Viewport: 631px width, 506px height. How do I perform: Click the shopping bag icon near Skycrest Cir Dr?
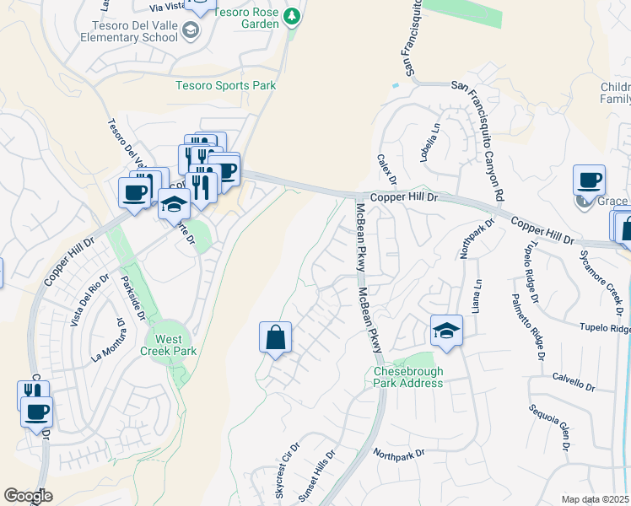pyautogui.click(x=275, y=338)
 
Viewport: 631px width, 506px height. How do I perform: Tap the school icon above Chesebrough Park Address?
pyautogui.click(x=446, y=331)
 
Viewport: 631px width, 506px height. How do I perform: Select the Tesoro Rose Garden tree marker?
pyautogui.click(x=292, y=15)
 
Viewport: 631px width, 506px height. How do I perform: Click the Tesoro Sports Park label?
pyautogui.click(x=225, y=85)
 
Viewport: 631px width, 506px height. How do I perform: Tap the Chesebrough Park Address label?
pyautogui.click(x=408, y=377)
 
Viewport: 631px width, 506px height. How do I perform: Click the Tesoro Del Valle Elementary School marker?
pyautogui.click(x=191, y=30)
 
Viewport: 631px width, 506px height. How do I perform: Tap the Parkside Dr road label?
pyautogui.click(x=134, y=296)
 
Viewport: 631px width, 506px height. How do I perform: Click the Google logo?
pyautogui.click(x=28, y=496)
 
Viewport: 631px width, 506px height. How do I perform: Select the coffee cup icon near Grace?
pyautogui.click(x=589, y=180)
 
